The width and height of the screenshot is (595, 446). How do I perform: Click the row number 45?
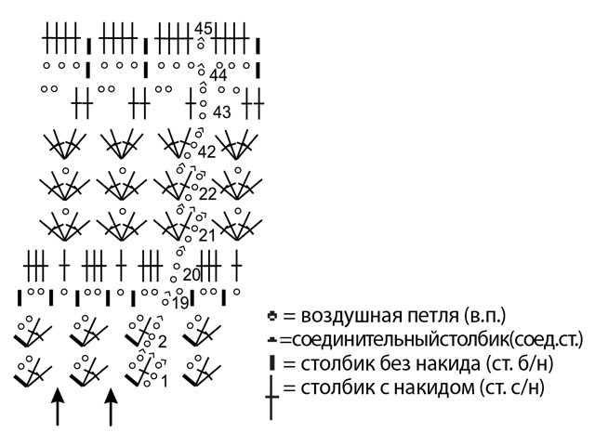(x=204, y=29)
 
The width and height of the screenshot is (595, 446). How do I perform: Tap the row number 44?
(x=218, y=75)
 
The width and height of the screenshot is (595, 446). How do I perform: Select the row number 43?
(x=221, y=112)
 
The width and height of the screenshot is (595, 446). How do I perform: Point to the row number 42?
(x=206, y=151)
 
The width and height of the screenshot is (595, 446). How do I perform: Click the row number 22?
(x=206, y=193)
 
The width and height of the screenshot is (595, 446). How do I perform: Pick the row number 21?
(x=206, y=235)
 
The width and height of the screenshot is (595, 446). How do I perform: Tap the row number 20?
(x=192, y=274)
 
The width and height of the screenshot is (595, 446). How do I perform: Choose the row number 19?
(x=180, y=302)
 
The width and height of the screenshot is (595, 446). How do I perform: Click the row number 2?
(x=162, y=342)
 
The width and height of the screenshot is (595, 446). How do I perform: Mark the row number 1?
(x=165, y=380)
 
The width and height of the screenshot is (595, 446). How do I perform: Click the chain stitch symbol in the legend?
(x=271, y=315)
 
